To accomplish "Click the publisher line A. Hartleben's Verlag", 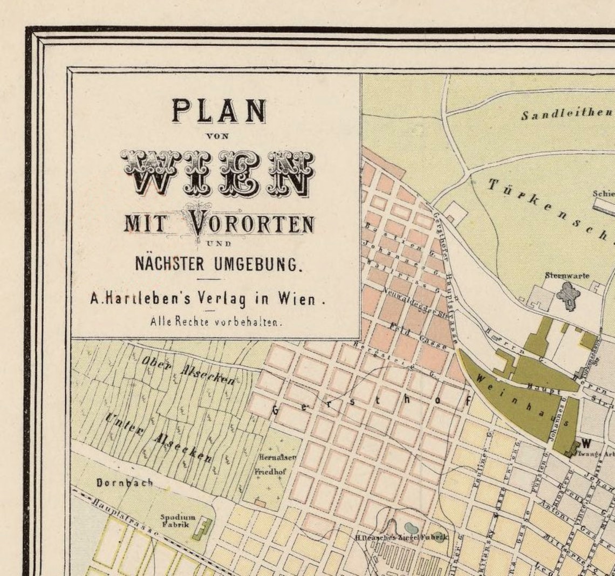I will click(x=208, y=298).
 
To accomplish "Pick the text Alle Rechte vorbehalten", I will click(x=216, y=322).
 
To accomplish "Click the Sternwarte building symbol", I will click(x=568, y=296).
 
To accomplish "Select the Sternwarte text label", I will click(x=566, y=276).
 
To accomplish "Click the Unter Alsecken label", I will click(x=159, y=437).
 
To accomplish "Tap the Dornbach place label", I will click(x=125, y=483).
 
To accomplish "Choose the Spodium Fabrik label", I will click(x=177, y=520).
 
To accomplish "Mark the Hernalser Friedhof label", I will click(x=275, y=464).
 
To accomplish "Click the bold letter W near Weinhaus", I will click(x=586, y=443).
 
